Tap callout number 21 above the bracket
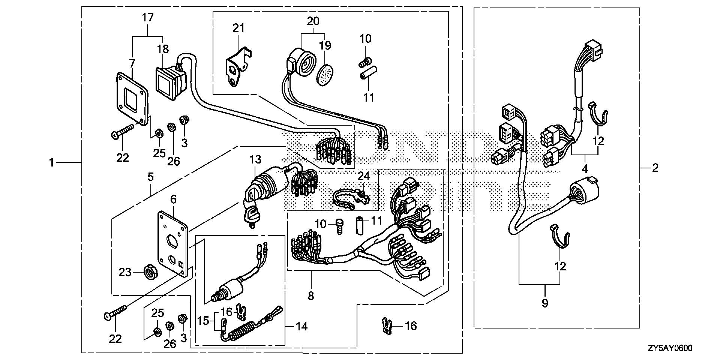coord(238,28)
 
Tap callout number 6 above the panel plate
coord(173,199)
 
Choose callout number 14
coord(301,327)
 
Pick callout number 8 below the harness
coord(310,296)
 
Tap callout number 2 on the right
coord(655,168)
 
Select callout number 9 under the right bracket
coord(544,303)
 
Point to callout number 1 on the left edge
coord(51,163)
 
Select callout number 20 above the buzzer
coord(313,21)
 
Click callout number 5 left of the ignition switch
coord(150,177)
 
